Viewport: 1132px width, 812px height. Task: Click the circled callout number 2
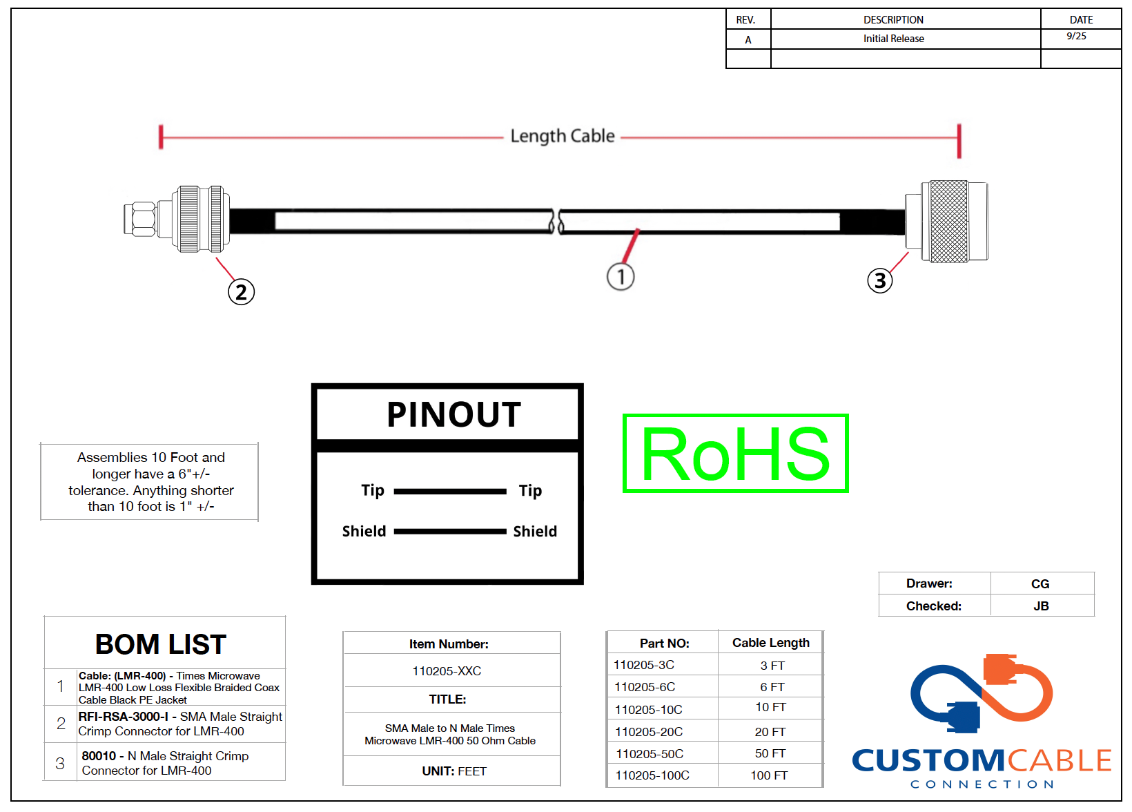tap(241, 292)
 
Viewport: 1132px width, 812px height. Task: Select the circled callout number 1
tap(621, 277)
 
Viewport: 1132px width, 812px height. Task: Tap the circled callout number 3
tap(880, 281)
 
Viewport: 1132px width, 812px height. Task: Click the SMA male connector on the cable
tap(177, 219)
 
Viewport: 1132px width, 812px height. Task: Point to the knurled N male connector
tap(946, 222)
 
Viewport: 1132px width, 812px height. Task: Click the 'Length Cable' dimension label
tap(563, 136)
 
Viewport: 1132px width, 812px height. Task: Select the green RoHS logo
tap(735, 454)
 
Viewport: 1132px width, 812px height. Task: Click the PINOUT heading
tap(453, 414)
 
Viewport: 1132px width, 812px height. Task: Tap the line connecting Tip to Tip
tap(450, 492)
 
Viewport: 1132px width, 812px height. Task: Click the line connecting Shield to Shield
tap(450, 532)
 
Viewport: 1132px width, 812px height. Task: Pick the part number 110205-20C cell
tap(649, 732)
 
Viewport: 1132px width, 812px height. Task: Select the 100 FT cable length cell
tap(769, 775)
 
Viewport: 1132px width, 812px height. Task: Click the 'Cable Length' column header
tap(771, 643)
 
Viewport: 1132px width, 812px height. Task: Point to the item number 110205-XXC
tap(447, 671)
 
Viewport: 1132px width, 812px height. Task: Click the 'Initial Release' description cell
tap(893, 39)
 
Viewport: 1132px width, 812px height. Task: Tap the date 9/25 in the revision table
tap(1076, 36)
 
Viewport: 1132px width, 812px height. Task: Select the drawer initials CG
tap(1040, 584)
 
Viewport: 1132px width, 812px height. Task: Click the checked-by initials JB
tap(1041, 606)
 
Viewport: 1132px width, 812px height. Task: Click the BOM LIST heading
tap(161, 644)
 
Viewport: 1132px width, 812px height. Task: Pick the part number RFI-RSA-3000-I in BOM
tap(124, 717)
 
